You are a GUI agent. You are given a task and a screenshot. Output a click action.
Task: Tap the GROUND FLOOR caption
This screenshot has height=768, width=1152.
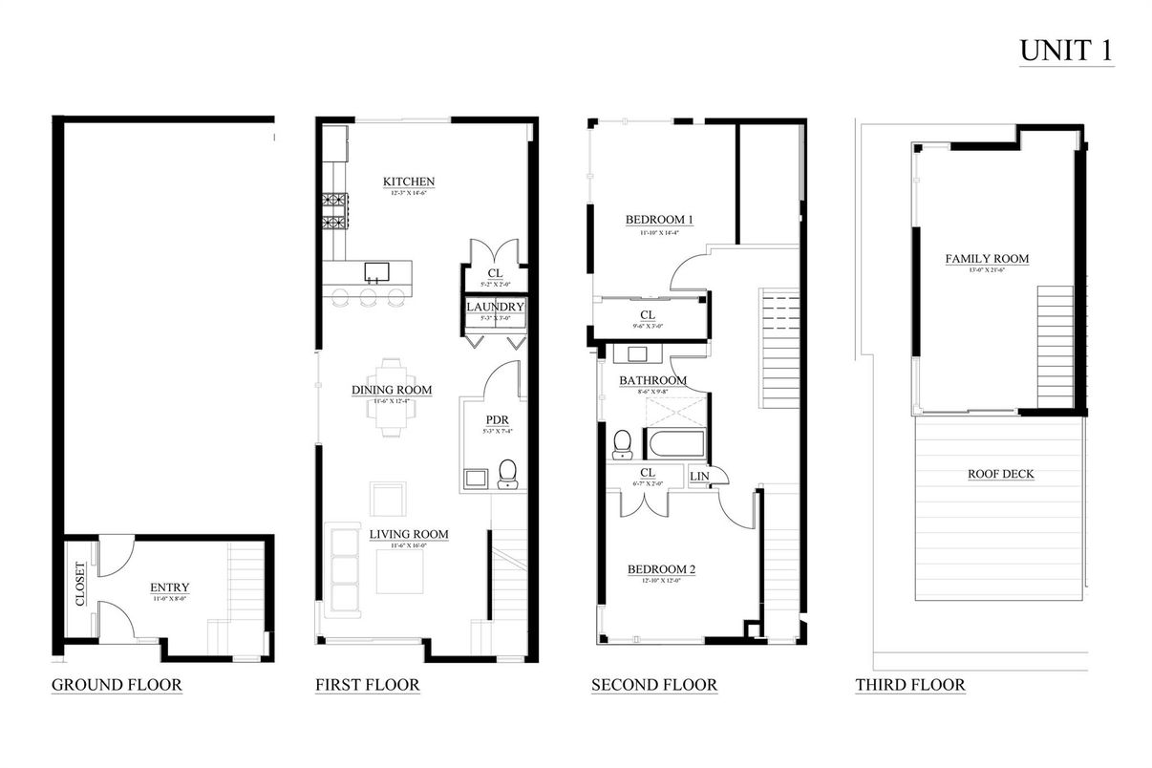pyautogui.click(x=116, y=685)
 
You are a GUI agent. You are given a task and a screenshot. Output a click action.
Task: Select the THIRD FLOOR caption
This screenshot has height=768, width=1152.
pyautogui.click(x=909, y=685)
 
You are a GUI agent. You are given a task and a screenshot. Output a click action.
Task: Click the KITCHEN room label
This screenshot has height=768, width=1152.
pyautogui.click(x=409, y=181)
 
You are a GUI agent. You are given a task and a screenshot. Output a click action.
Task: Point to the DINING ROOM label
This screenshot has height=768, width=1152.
pyautogui.click(x=392, y=390)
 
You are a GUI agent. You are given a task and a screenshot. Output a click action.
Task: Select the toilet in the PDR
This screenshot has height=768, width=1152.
pyautogui.click(x=507, y=473)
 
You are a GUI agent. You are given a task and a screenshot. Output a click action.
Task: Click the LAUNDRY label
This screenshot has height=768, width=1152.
pyautogui.click(x=495, y=307)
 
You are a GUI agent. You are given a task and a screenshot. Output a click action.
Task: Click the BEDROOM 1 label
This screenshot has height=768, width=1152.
pyautogui.click(x=658, y=220)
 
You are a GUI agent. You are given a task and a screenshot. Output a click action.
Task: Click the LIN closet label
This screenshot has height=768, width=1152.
pyautogui.click(x=699, y=475)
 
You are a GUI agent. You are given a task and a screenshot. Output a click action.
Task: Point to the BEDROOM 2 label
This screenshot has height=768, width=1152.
pyautogui.click(x=661, y=570)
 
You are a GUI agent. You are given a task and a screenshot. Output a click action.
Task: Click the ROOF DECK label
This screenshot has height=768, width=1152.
pyautogui.click(x=1000, y=474)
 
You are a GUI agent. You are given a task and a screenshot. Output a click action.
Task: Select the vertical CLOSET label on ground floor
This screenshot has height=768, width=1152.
pyautogui.click(x=79, y=584)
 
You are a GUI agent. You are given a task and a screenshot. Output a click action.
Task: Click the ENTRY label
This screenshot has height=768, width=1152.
pyautogui.click(x=169, y=587)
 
